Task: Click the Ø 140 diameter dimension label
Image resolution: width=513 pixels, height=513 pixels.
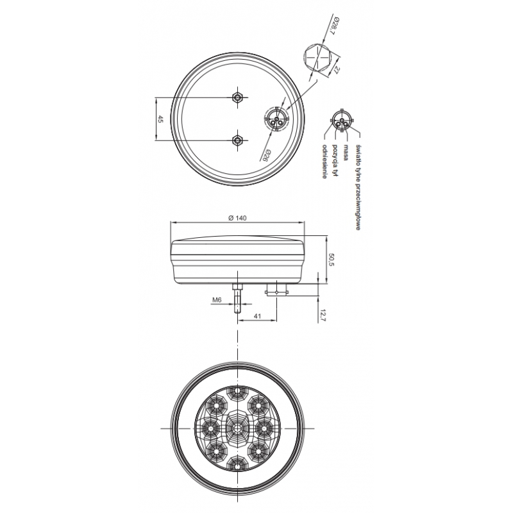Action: [237, 218]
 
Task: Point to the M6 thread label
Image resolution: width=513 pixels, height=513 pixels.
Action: [217, 299]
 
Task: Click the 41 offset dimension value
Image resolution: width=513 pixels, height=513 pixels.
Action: [258, 316]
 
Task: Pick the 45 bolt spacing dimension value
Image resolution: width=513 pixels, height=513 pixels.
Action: [160, 119]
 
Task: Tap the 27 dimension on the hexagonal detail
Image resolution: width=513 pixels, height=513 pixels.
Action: [335, 70]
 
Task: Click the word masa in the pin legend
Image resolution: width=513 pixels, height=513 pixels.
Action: [345, 153]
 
